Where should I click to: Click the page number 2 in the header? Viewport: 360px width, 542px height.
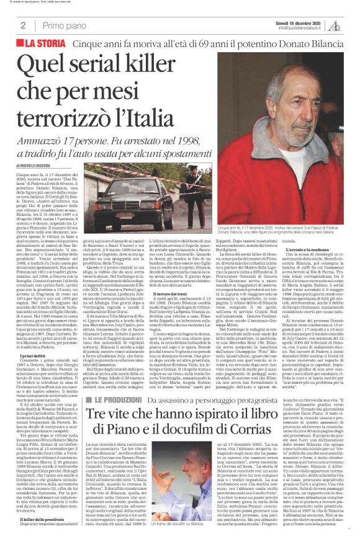(x=23, y=25)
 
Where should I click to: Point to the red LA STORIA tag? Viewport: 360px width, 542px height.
(x=43, y=44)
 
